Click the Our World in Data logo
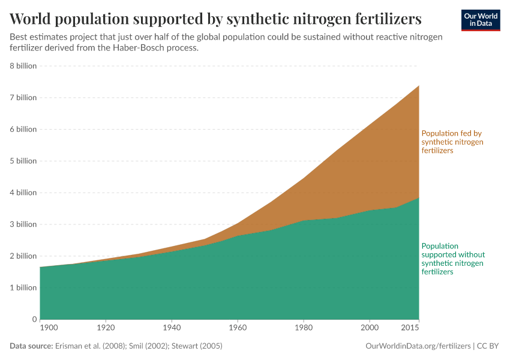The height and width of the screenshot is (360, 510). point(480,20)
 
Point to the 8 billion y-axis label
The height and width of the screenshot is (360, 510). point(23,66)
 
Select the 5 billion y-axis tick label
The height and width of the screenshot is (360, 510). point(23,161)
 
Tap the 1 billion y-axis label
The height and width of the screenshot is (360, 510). point(23,287)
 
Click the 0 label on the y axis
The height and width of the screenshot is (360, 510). point(34,319)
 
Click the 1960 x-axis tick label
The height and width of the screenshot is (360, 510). point(238,328)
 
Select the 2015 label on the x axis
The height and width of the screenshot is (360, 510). point(410,328)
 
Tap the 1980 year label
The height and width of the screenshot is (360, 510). point(304,328)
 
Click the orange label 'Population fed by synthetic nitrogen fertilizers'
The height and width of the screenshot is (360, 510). point(452,142)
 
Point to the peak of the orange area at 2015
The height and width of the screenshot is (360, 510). point(418,86)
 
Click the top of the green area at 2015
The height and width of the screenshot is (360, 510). point(418,197)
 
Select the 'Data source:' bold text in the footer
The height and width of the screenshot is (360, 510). point(31,346)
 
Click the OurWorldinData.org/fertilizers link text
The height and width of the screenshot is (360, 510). point(417,346)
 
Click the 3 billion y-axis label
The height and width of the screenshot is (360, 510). point(23,224)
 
